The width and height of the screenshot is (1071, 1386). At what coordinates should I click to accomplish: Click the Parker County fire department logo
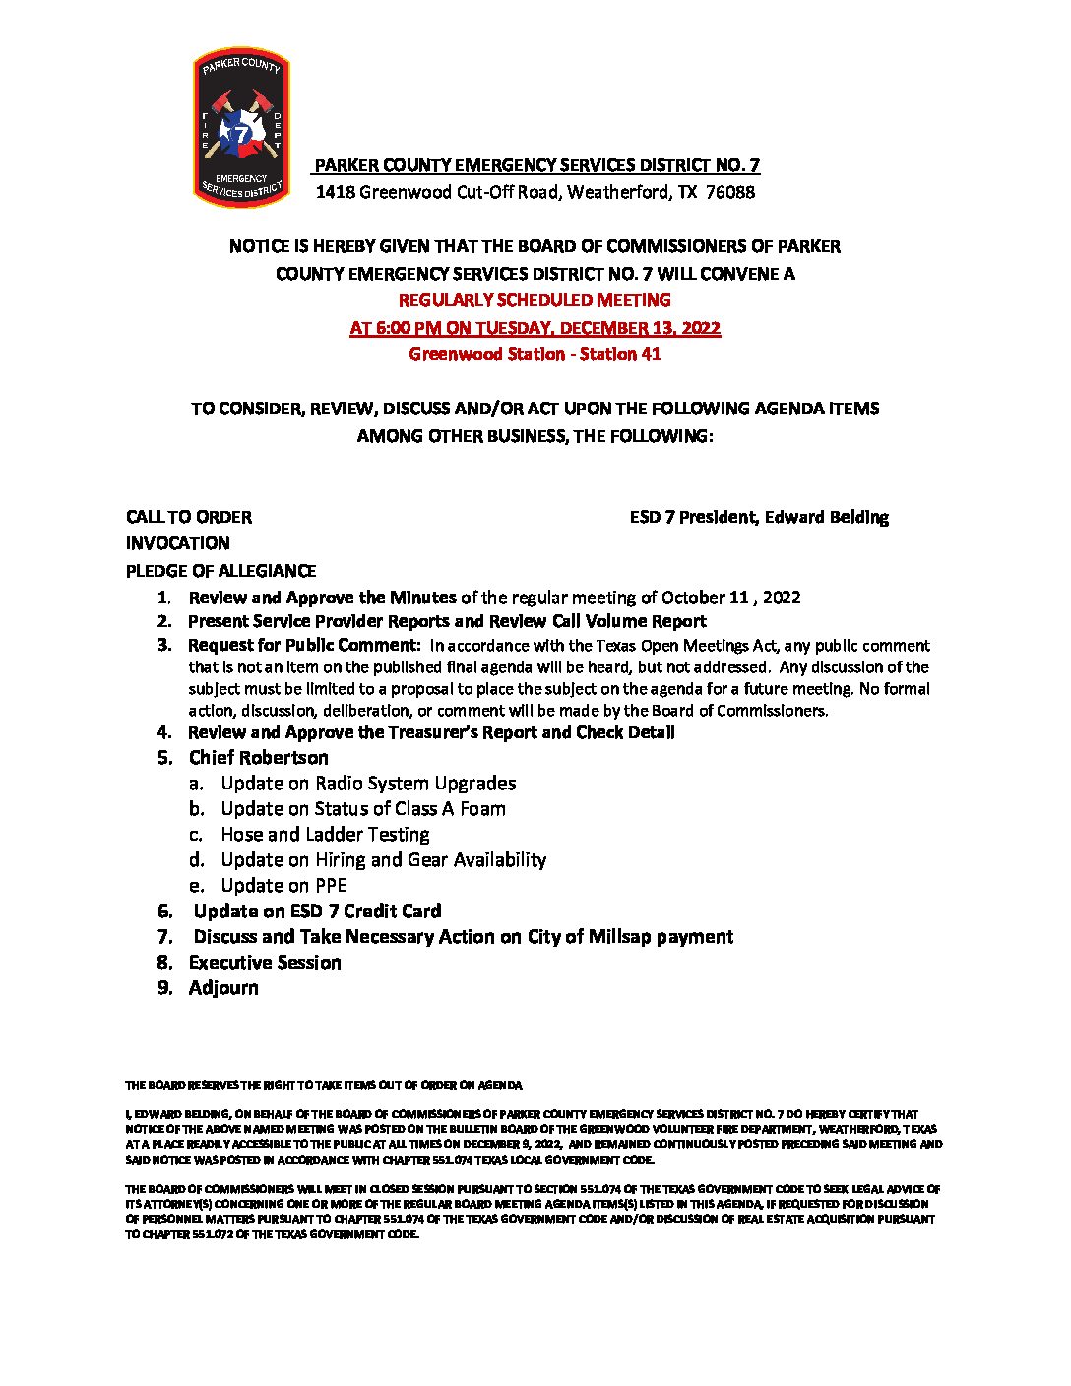[x=241, y=128]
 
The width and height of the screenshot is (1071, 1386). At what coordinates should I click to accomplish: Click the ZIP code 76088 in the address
[x=730, y=192]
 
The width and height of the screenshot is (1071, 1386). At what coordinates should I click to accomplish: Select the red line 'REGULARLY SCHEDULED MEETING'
[x=535, y=300]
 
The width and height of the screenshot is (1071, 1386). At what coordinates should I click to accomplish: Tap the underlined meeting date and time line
[x=535, y=328]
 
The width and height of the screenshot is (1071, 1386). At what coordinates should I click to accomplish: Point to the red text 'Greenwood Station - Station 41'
[x=535, y=354]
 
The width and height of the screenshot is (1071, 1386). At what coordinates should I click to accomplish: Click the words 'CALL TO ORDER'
[x=188, y=517]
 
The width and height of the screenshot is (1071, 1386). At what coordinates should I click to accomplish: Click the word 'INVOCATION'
[x=177, y=543]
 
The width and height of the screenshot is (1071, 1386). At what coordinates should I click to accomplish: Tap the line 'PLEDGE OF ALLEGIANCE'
[x=220, y=571]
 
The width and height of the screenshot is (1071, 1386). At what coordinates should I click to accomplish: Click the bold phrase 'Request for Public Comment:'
[x=304, y=646]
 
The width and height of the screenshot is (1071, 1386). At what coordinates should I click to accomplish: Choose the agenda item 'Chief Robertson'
[x=258, y=758]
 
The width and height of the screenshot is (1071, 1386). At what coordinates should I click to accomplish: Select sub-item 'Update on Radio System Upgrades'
[x=368, y=784]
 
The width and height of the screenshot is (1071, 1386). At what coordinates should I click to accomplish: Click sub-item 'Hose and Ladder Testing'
[x=325, y=835]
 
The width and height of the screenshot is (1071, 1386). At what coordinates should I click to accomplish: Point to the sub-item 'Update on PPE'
[x=283, y=886]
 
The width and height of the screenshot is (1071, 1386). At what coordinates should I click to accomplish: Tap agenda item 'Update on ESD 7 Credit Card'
[x=317, y=912]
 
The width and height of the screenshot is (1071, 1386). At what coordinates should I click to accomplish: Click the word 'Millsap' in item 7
[x=619, y=937]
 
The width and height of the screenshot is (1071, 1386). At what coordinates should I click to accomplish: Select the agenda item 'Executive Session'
[x=265, y=963]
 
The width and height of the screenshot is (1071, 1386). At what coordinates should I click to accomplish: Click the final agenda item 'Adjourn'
[x=223, y=988]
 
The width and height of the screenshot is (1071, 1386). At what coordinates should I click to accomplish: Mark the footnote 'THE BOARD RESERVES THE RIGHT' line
[x=323, y=1085]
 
